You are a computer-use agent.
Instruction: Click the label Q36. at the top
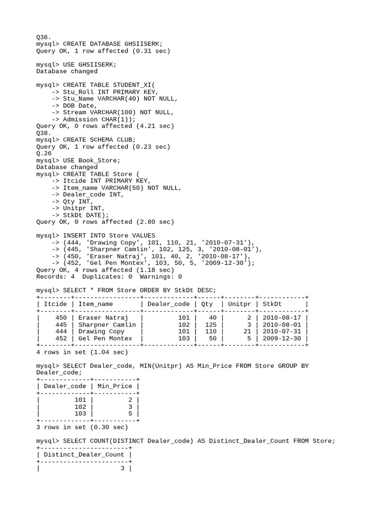pos(44,37)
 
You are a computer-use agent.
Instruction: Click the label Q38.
pos(44,133)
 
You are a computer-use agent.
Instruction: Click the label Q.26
pos(44,154)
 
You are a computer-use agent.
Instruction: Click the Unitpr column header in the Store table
pos(239,304)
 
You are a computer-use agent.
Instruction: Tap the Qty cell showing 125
pos(210,325)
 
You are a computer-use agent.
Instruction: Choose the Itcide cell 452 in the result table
pos(61,339)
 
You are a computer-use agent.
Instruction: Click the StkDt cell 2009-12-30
pos(282,339)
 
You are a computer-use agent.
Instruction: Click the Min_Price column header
pos(115,386)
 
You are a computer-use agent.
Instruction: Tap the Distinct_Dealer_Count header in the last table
pos(84,454)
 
